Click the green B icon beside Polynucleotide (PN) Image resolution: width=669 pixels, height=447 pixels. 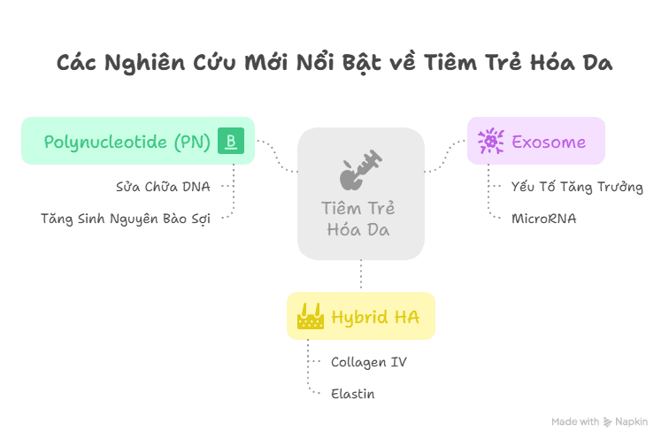tap(231, 141)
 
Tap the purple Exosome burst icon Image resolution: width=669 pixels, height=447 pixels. tap(490, 141)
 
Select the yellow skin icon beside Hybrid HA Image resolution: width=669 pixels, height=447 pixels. tap(311, 316)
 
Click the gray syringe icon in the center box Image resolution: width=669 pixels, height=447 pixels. tap(360, 169)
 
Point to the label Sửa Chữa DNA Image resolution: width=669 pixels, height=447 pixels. tap(163, 187)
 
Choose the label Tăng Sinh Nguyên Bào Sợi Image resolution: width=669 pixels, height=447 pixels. tap(126, 219)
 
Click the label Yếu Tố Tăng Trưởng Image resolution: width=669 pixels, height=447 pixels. tap(577, 187)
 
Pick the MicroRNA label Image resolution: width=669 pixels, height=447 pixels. tap(544, 219)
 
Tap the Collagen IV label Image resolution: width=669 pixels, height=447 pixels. tap(369, 362)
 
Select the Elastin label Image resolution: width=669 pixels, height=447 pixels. tap(353, 394)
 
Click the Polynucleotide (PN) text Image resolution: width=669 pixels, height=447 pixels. tap(127, 142)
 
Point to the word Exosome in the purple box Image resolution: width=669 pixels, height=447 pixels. tap(549, 142)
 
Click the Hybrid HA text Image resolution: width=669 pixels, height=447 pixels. tap(375, 317)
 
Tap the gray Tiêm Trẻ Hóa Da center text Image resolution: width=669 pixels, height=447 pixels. tap(358, 219)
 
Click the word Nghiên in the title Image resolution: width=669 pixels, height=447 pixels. tap(145, 63)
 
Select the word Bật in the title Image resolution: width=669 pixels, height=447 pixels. tap(361, 63)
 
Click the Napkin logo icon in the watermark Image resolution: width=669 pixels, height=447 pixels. tap(607, 422)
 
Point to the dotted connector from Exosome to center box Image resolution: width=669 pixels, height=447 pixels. tap(446, 156)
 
